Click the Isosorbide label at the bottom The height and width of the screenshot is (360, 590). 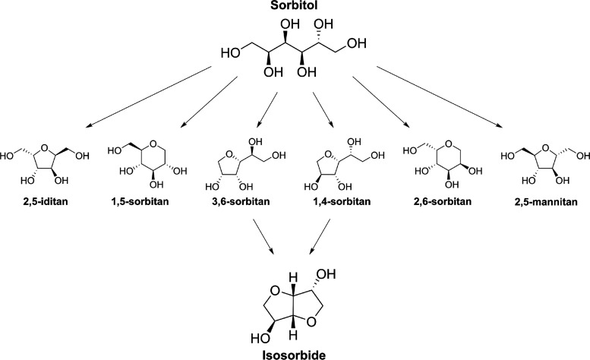[295, 352]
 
